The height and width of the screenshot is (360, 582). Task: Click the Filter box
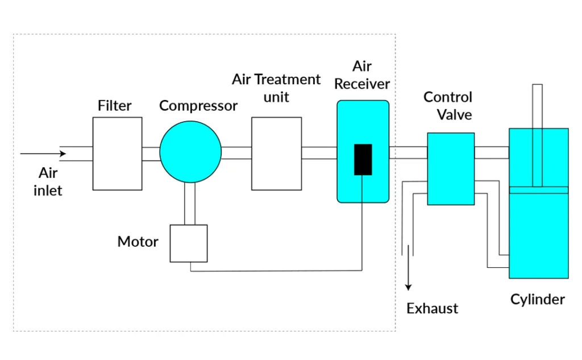click(x=117, y=154)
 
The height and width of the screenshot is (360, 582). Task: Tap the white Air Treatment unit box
click(x=276, y=154)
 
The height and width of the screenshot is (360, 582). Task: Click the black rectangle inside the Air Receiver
click(x=363, y=159)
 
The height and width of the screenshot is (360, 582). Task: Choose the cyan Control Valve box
click(x=451, y=168)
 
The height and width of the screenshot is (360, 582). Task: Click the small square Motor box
click(x=189, y=243)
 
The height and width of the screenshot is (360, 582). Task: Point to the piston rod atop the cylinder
click(x=537, y=106)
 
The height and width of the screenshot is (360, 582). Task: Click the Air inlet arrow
click(x=43, y=154)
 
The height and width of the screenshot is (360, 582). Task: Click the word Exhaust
click(x=432, y=308)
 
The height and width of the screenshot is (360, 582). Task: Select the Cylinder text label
click(x=537, y=299)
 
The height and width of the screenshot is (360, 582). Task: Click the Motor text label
click(x=138, y=242)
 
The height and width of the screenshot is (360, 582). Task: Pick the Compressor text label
click(x=198, y=106)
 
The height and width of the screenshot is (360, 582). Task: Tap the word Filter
click(x=114, y=106)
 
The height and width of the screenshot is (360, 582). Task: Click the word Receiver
click(x=362, y=84)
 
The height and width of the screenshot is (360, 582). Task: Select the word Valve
click(x=454, y=114)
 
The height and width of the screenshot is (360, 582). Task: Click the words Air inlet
click(x=48, y=181)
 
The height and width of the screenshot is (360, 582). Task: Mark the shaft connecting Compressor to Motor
click(x=190, y=204)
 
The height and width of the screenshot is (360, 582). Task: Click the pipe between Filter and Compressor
click(x=151, y=154)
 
